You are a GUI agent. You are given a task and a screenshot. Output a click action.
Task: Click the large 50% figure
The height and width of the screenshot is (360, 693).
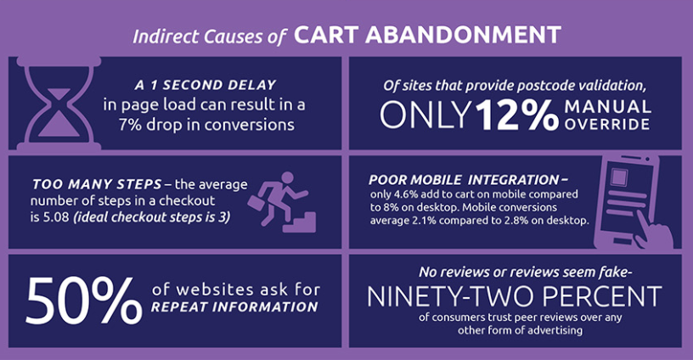(84, 301)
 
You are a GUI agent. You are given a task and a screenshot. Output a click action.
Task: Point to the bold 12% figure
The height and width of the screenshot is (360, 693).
(517, 115)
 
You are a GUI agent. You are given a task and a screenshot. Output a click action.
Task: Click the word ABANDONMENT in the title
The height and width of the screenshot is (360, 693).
(463, 35)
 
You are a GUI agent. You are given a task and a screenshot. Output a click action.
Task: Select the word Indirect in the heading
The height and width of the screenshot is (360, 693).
(166, 37)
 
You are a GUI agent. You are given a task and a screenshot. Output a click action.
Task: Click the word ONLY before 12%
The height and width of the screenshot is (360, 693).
(425, 115)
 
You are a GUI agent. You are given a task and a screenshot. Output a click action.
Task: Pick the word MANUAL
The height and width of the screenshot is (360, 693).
(607, 106)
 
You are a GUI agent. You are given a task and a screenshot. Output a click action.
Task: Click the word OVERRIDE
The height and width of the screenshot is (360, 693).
(607, 124)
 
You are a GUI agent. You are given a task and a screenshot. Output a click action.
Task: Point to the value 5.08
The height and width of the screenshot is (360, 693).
(56, 217)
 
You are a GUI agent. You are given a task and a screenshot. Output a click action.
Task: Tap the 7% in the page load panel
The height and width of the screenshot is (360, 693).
(129, 125)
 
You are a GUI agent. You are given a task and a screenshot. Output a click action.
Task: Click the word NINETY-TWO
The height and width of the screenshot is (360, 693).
(451, 296)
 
